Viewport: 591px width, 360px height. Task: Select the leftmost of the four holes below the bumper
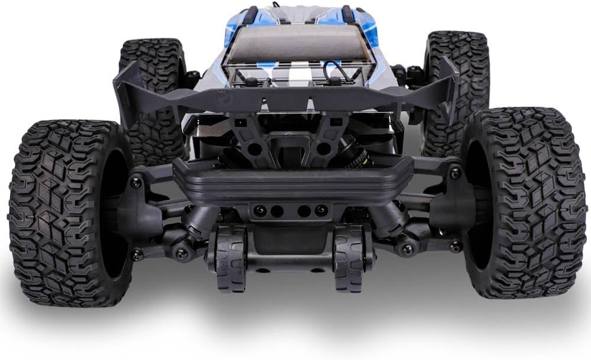coord(258,210)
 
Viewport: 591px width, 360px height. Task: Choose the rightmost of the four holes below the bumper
coord(321,210)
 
